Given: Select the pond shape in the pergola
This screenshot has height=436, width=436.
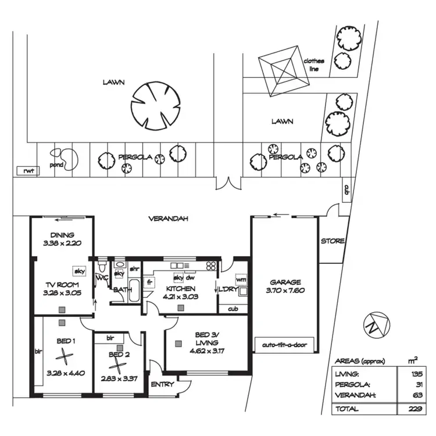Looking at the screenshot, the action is [65, 159].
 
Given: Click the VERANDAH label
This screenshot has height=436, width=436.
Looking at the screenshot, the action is [170, 219].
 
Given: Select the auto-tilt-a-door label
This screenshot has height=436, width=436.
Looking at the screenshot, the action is [285, 345].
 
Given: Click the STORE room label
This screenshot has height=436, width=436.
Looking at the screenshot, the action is [333, 241].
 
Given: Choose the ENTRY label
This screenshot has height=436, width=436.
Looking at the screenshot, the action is [162, 384].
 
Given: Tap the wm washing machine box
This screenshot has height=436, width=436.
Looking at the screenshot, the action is [241, 279].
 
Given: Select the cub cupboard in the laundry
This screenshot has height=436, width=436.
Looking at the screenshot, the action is [233, 309].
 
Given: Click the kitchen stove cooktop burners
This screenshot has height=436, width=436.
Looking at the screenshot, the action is [210, 266].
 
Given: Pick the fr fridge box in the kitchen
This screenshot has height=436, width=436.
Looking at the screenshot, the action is [149, 283].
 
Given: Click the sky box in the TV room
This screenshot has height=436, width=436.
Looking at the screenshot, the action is [77, 271].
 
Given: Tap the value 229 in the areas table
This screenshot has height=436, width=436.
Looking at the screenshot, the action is [414, 409].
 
